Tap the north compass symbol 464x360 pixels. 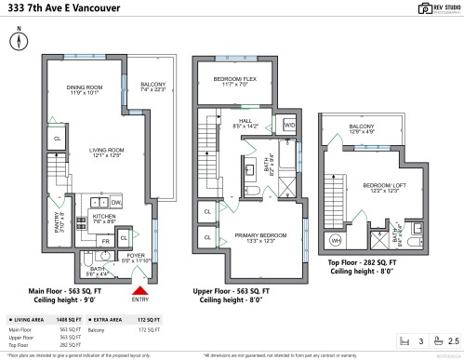19,42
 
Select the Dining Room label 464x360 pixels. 82,90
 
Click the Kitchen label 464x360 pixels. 104,218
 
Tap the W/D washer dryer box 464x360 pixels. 288,125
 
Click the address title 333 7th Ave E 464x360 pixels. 54,10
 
